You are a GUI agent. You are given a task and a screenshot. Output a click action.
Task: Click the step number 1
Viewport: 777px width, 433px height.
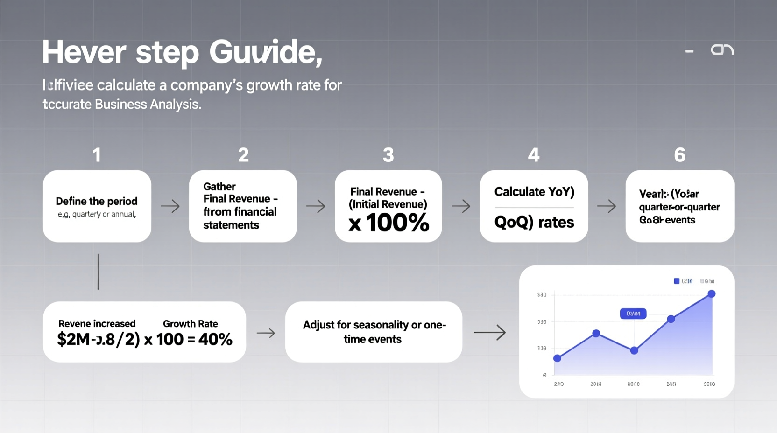click(97, 155)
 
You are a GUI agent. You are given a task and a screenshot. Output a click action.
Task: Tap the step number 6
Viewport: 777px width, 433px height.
click(679, 155)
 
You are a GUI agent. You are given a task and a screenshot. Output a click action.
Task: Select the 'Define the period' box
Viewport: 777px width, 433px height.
click(97, 206)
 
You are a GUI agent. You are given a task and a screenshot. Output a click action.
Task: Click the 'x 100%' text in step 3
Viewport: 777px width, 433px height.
click(388, 223)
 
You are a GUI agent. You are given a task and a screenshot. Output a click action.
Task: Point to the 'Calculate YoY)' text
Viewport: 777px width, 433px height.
click(534, 192)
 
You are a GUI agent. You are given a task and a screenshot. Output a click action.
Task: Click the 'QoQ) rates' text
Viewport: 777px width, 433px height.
click(534, 222)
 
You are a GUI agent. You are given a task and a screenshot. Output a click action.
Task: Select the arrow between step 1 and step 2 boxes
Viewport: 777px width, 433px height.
click(170, 206)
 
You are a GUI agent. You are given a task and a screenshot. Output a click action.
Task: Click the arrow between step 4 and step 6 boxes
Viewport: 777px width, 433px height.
click(607, 206)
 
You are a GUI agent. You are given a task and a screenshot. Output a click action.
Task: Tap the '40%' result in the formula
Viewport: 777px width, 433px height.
click(215, 339)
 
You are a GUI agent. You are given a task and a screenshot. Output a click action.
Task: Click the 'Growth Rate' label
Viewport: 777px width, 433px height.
click(191, 324)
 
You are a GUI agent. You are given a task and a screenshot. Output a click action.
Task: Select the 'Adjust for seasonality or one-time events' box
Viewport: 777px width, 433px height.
click(374, 332)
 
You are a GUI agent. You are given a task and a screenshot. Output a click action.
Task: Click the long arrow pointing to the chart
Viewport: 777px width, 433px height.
click(489, 332)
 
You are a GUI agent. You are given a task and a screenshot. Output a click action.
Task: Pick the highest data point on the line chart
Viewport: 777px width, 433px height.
click(711, 294)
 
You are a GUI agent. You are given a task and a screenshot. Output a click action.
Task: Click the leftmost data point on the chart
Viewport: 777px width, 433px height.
click(557, 358)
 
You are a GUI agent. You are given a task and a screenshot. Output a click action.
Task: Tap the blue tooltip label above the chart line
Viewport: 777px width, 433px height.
click(633, 314)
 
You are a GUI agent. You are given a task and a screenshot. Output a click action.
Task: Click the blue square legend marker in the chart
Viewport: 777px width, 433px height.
click(677, 281)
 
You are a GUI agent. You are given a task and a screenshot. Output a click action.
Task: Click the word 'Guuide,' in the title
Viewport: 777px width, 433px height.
click(266, 52)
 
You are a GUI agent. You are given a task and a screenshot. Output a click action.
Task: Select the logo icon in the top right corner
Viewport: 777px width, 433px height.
click(722, 49)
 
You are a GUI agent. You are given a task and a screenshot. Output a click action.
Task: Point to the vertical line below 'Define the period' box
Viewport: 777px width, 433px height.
click(98, 272)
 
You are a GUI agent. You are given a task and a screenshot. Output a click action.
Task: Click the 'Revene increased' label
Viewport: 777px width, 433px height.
click(97, 324)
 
